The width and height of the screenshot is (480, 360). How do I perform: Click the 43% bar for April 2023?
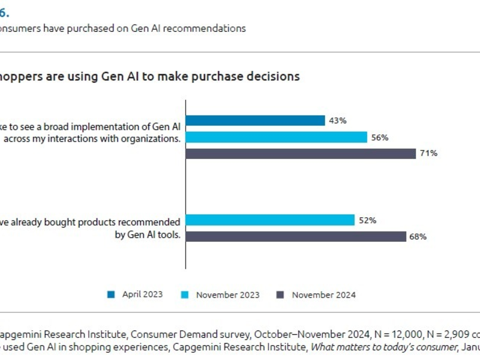256,121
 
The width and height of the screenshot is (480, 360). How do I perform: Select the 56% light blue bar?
277,137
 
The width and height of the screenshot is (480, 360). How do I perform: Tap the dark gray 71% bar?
301,154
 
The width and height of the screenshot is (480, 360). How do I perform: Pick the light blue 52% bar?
271,220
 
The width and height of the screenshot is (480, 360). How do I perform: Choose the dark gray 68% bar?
296,236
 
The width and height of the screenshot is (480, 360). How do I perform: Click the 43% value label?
337,121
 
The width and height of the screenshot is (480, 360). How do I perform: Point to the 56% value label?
380,137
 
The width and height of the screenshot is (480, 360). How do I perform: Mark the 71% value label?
428,154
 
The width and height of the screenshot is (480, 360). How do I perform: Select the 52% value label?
367,220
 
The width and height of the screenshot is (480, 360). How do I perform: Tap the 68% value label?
418,236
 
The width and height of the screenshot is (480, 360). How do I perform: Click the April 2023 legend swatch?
111,295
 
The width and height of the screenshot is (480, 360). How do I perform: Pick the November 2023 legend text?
227,295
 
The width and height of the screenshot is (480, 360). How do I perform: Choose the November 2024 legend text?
323,295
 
